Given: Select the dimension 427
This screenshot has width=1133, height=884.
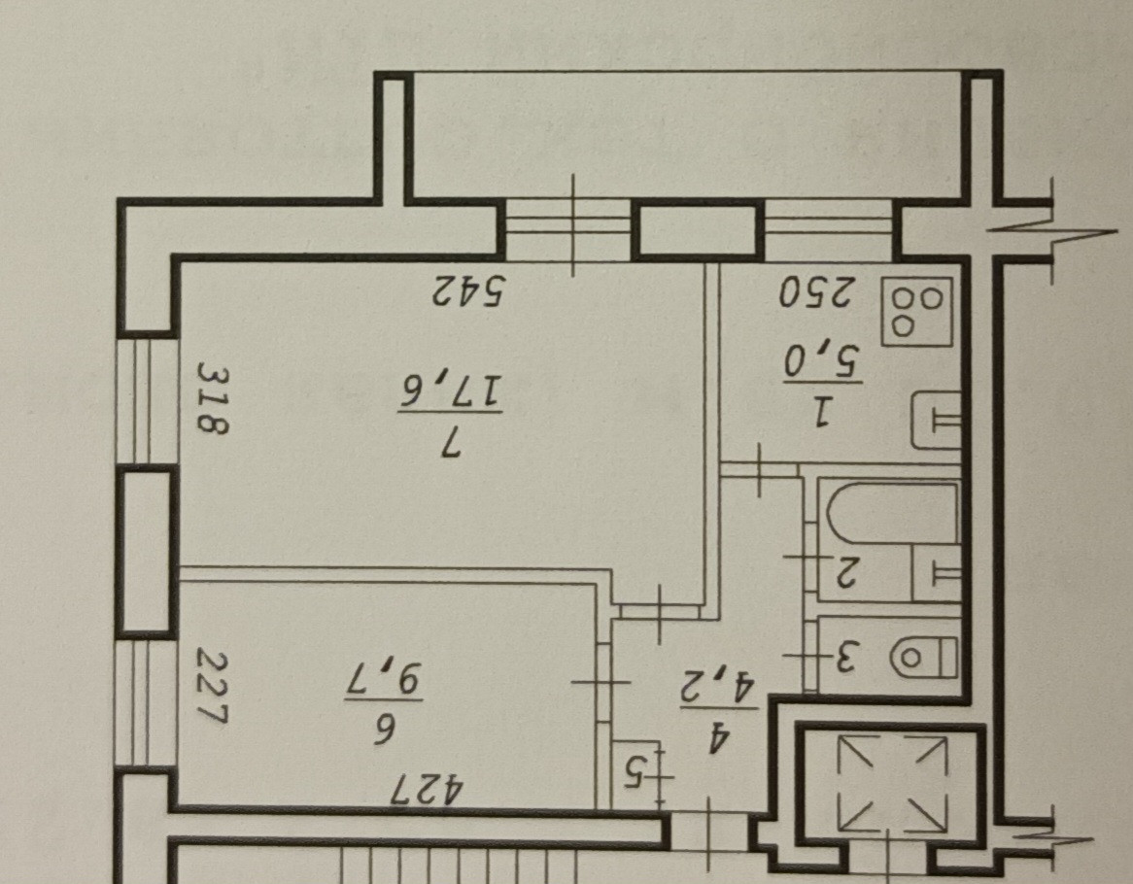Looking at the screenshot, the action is click(428, 787).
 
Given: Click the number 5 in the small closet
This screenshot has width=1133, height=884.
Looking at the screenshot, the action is click(635, 772).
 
